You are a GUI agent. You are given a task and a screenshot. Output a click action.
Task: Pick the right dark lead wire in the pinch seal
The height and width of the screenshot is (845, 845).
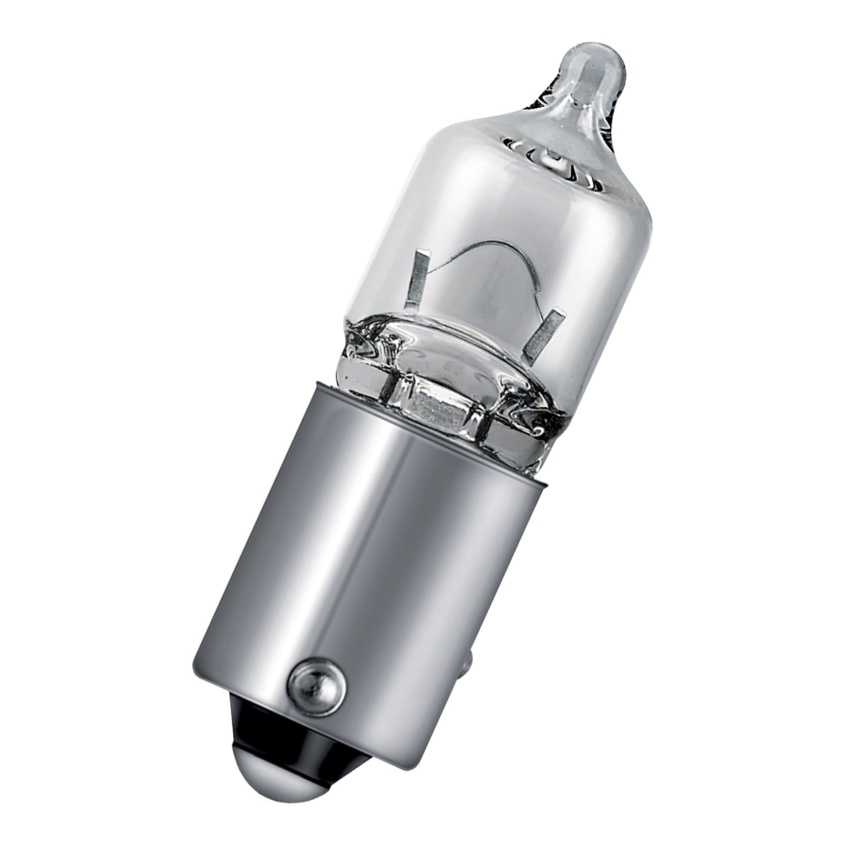(x=482, y=424)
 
